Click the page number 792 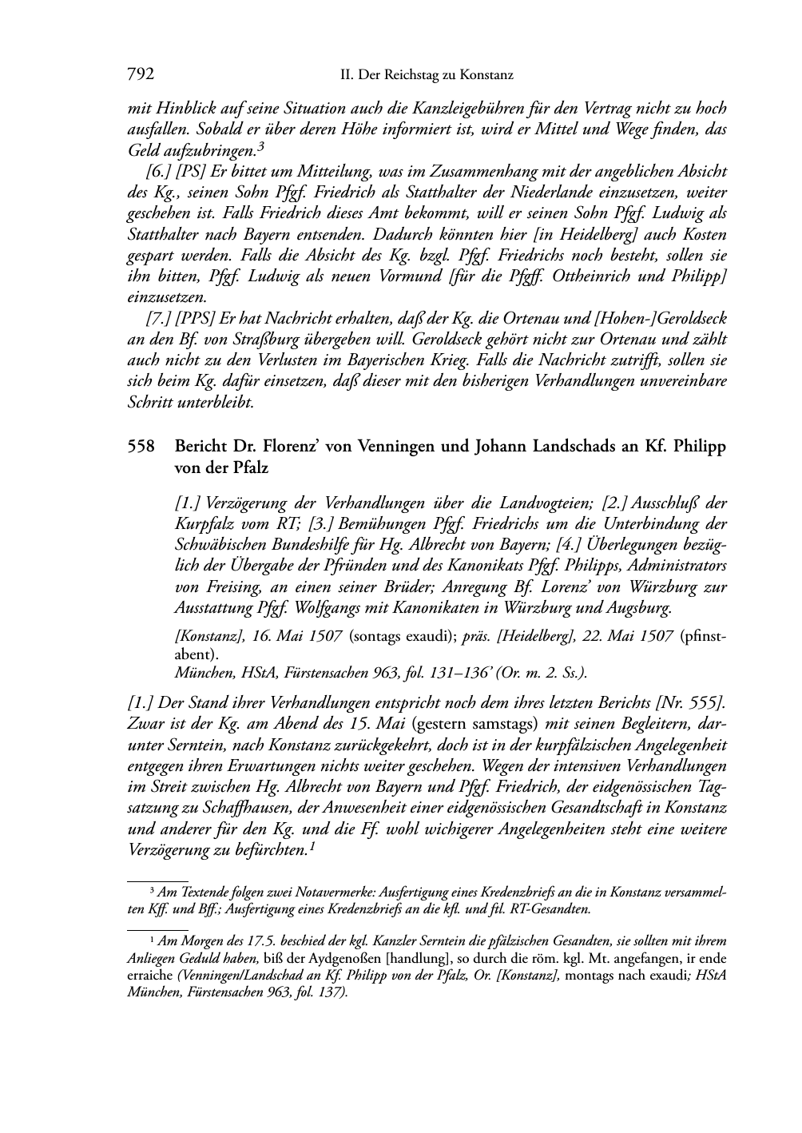click(x=141, y=75)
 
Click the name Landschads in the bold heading click(x=577, y=447)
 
